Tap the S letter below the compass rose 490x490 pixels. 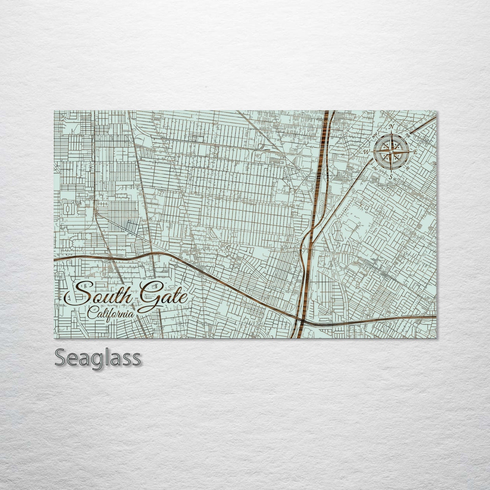pos(391,176)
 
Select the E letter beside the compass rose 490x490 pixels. pos(414,152)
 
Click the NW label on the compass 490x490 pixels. pos(375,136)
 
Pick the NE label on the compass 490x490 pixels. pos(408,135)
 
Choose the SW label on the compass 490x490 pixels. pos(375,168)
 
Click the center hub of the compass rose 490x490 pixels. pos(391,152)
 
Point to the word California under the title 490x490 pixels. pos(110,313)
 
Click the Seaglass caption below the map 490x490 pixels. pos(98,357)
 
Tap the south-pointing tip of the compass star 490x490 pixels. pos(391,170)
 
